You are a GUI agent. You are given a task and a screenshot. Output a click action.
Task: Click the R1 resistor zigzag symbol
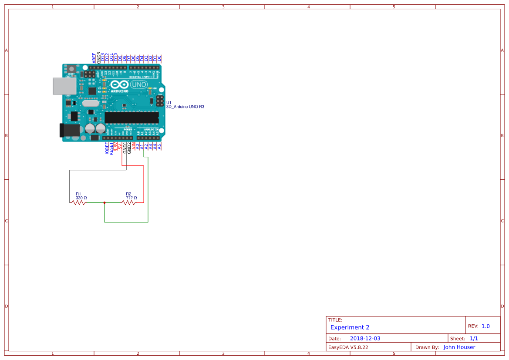[78, 202]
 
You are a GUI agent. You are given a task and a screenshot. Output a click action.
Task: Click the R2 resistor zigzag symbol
[129, 202]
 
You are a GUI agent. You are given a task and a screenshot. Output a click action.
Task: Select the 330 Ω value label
[81, 198]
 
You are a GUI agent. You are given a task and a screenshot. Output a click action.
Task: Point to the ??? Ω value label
[131, 198]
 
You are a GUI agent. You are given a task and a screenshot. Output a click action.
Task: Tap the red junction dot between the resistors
[104, 202]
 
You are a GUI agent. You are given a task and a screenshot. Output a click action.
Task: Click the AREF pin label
[94, 58]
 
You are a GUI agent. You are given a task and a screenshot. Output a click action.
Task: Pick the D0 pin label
[159, 58]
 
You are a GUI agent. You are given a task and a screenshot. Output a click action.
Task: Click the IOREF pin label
[107, 148]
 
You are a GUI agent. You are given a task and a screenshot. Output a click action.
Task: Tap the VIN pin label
[134, 147]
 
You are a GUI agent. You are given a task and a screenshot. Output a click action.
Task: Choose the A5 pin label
[160, 146]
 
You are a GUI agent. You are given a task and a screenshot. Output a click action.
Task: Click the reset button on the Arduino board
[71, 69]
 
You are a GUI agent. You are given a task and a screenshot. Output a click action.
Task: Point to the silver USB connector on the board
[63, 86]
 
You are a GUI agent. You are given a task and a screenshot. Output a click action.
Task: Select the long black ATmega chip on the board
[131, 118]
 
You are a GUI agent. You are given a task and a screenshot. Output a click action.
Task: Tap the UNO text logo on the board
[139, 84]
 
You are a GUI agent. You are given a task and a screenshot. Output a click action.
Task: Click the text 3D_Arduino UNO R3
[185, 107]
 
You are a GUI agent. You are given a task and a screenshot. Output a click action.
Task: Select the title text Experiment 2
[350, 327]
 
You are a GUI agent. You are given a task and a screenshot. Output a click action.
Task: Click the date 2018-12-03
[365, 339]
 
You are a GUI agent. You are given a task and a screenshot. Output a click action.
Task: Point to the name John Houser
[459, 347]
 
